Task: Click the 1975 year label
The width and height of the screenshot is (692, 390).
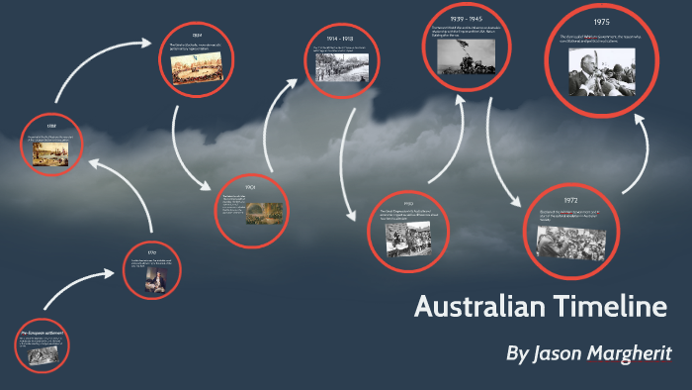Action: [602, 21]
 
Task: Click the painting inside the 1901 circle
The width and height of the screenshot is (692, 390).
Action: [264, 212]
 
